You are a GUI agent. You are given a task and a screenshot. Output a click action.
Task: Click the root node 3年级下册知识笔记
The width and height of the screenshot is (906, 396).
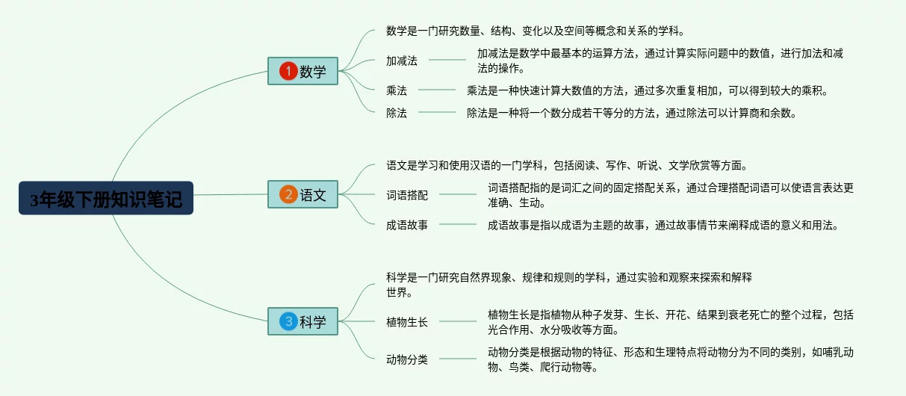(106, 198)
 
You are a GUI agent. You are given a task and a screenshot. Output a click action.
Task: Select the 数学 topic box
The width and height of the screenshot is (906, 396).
(302, 72)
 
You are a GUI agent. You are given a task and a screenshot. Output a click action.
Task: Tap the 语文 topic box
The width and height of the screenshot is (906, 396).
(302, 195)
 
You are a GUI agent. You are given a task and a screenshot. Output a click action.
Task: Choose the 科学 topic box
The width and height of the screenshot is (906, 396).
(302, 322)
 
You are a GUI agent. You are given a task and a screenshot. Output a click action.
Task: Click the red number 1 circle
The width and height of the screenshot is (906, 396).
(288, 72)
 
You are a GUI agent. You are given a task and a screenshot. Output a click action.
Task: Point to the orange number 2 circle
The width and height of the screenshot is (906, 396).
(288, 195)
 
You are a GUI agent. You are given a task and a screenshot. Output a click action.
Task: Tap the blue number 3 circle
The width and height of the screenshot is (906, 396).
(288, 322)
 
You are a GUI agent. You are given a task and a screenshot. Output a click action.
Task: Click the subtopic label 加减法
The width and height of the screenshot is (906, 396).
(402, 61)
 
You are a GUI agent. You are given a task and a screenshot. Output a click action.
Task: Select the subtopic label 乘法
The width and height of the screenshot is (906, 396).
(397, 90)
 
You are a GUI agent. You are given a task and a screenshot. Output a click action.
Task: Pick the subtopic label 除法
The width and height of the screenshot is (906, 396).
(397, 113)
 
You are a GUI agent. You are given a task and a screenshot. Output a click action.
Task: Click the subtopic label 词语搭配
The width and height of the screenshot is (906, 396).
(407, 195)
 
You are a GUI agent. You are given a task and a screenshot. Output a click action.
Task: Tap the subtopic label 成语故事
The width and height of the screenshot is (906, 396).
(407, 224)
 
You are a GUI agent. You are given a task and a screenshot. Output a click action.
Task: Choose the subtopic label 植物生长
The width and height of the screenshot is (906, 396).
(407, 322)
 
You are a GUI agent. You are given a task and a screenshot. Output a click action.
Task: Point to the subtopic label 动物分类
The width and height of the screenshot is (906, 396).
(407, 359)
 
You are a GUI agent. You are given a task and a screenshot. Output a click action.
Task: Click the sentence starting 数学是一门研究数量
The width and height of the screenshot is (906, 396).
(535, 31)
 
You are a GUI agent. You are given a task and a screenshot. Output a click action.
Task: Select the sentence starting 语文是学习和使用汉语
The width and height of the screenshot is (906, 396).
(566, 165)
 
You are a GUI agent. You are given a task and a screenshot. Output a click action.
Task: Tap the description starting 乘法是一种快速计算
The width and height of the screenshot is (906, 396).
(647, 90)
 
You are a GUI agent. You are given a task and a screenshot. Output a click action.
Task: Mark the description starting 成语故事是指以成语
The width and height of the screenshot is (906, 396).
(663, 224)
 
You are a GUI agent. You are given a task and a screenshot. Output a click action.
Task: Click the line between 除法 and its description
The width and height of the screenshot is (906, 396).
(437, 113)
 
